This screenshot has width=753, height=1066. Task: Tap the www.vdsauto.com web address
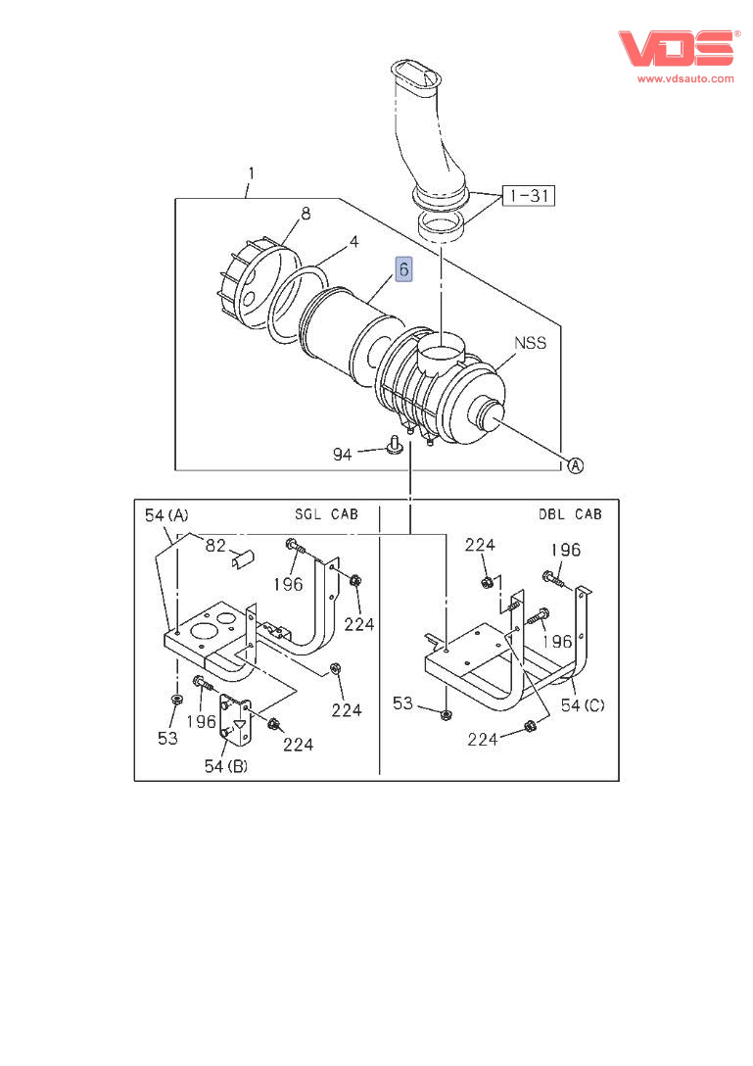pos(685,78)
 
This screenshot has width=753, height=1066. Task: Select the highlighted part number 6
pos(403,269)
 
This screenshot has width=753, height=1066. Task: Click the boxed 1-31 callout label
pos(529,196)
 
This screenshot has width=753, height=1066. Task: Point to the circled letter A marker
pos(575,465)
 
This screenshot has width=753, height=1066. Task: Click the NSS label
pos(530,343)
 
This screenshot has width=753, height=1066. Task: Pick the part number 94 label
pos(343,455)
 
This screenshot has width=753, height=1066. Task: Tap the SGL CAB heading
pos(326,514)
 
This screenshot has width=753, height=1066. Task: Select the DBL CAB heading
pos(570,514)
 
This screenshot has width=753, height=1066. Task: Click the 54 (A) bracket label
pos(166,515)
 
